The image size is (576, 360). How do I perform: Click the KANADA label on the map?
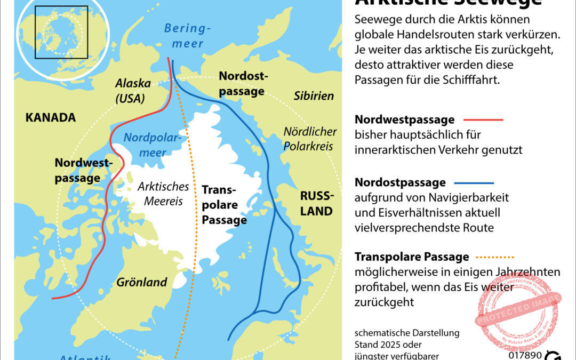[x=50, y=117]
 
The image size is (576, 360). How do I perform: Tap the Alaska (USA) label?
[x=133, y=91]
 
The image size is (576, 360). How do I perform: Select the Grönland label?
[x=142, y=282]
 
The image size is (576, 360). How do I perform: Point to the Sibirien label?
[x=314, y=96]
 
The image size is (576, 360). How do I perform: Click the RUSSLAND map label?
[x=316, y=203]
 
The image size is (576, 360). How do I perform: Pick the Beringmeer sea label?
[x=188, y=36]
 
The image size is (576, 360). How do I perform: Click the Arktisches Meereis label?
[x=163, y=194]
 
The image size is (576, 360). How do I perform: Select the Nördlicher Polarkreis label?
[x=310, y=138]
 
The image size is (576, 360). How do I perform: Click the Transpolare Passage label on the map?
[x=224, y=204]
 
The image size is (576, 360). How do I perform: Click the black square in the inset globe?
[x=61, y=32]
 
